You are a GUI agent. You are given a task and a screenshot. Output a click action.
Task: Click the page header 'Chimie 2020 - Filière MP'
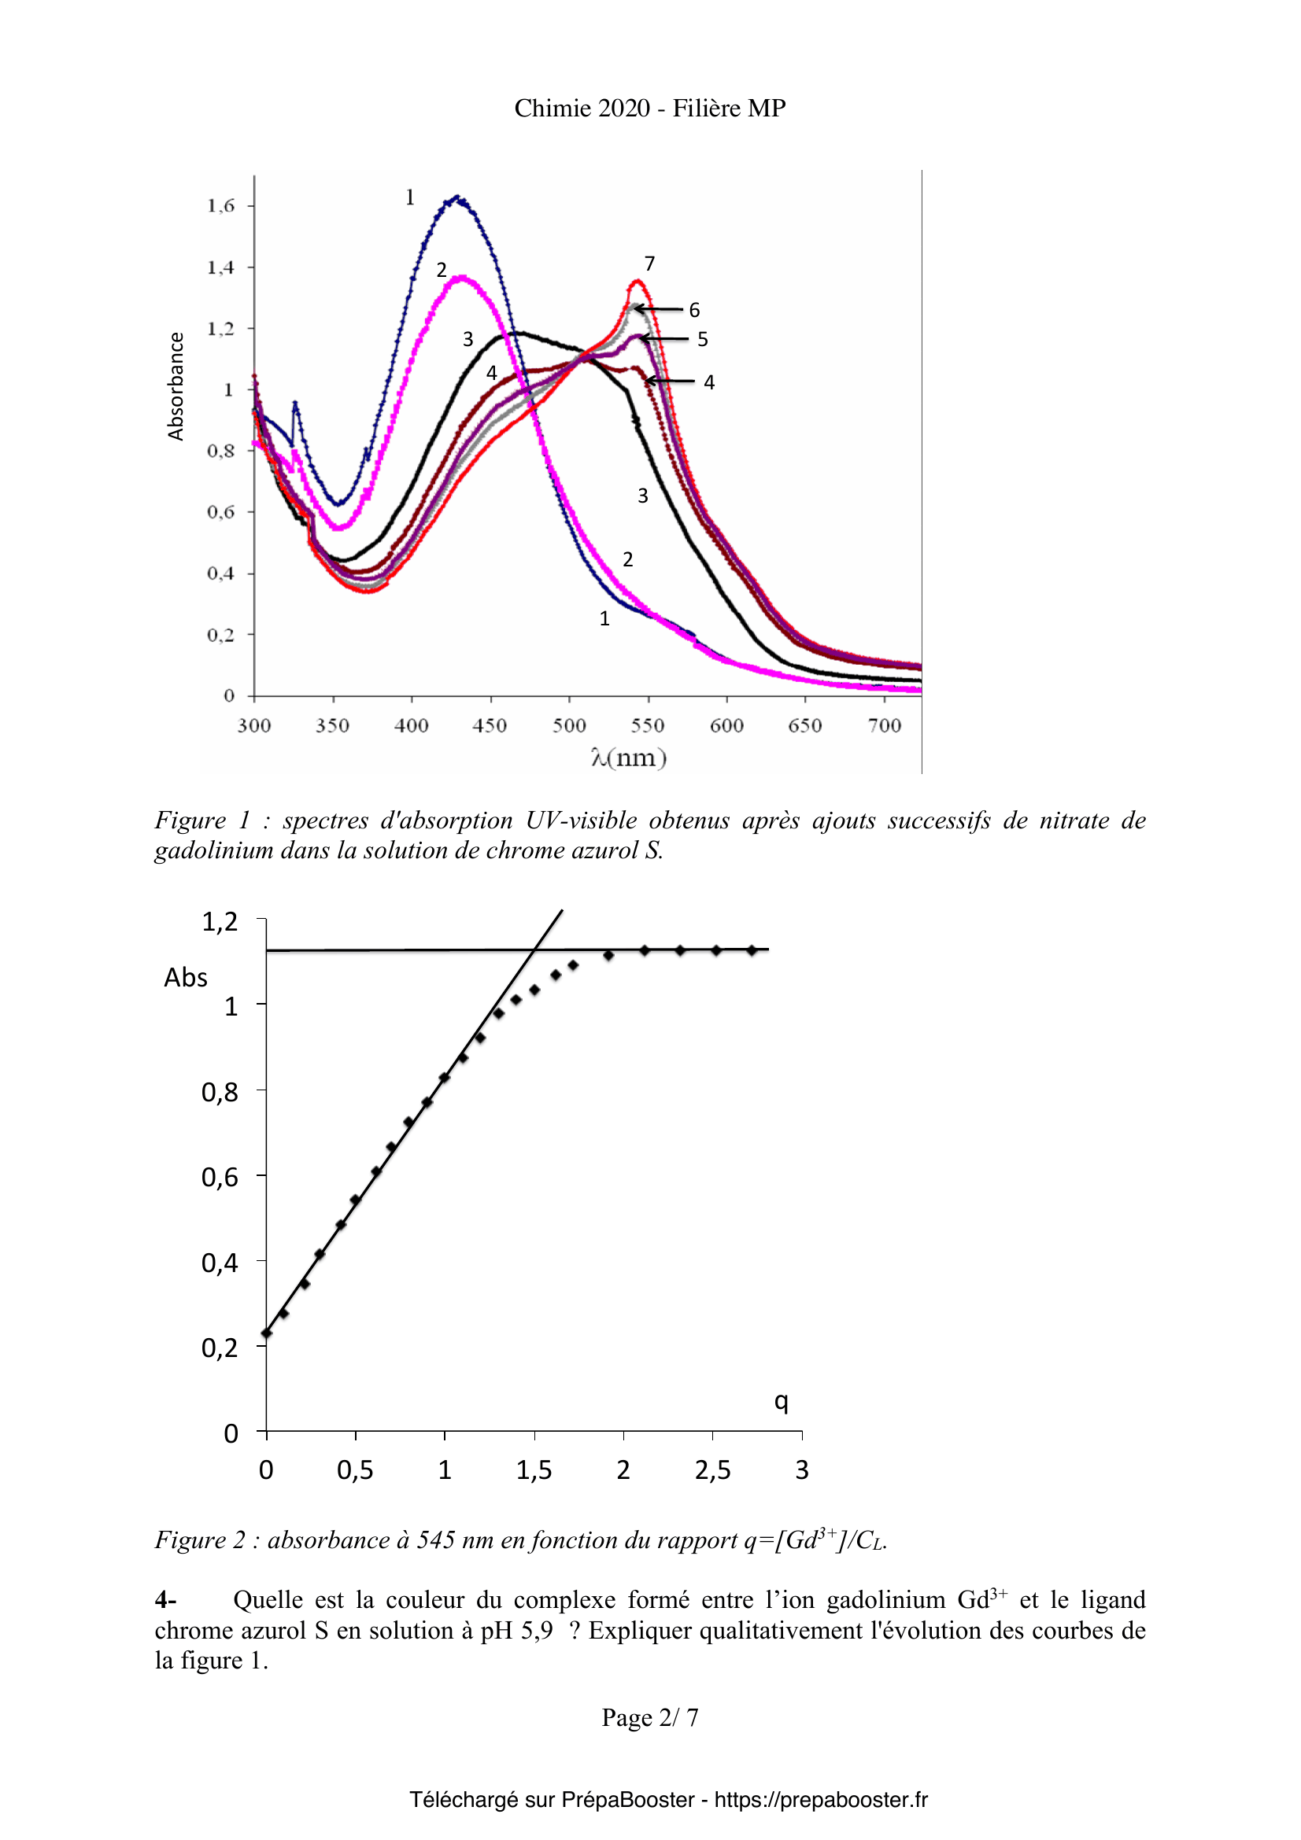649,109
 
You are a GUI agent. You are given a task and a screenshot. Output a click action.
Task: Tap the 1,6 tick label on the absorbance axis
221,206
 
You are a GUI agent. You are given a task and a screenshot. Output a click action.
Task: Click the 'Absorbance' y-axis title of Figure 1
176,386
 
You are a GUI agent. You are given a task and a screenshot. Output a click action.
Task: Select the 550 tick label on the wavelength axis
648,726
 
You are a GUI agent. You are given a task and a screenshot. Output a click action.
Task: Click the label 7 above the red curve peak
649,264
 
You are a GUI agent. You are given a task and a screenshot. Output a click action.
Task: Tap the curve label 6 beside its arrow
694,310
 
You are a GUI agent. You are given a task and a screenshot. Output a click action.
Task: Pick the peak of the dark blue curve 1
456,197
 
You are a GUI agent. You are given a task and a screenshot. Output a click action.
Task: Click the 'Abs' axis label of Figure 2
186,978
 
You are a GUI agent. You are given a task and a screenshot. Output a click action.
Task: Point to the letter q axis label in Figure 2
781,1401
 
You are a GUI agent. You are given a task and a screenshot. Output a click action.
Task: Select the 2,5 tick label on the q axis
712,1469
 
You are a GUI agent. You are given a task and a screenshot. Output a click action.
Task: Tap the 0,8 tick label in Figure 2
220,1092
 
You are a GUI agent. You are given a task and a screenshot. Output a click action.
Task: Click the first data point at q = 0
267,1333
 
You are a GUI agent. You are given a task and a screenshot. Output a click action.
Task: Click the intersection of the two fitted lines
534,949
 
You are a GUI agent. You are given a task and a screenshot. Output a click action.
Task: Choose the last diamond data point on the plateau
752,950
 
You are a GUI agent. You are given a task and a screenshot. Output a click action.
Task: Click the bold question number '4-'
165,1599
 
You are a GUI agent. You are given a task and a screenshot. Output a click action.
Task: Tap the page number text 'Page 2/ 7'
650,1717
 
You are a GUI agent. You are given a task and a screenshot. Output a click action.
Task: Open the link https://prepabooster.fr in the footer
821,1800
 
